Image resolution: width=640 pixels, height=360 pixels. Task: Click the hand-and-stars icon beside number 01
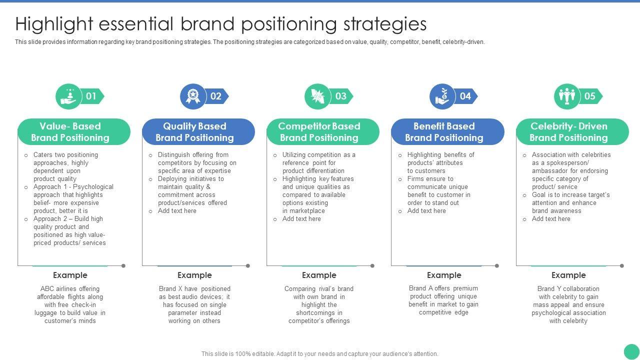pyautogui.click(x=68, y=96)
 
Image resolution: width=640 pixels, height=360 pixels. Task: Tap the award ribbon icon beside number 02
pyautogui.click(x=193, y=96)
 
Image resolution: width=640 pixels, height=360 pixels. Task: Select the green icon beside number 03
pyautogui.click(x=317, y=96)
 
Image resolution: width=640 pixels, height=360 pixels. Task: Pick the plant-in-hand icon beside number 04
pyautogui.click(x=442, y=96)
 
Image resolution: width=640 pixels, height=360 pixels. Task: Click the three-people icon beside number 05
pyautogui.click(x=567, y=96)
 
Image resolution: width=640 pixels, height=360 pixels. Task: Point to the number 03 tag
pyautogui.click(x=341, y=96)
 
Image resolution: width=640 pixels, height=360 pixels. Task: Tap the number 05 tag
pyautogui.click(x=590, y=96)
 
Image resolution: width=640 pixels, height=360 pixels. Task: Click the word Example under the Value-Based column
pyautogui.click(x=70, y=275)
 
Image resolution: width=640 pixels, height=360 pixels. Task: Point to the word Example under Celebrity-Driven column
pyautogui.click(x=568, y=275)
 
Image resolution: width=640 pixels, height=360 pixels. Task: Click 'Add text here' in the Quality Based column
pyautogui.click(x=177, y=211)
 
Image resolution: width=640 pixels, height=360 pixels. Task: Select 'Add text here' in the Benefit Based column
pyautogui.click(x=426, y=211)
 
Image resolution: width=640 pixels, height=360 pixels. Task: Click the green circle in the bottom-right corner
pyautogui.click(x=631, y=351)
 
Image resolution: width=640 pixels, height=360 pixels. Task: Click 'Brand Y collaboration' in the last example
pyautogui.click(x=568, y=289)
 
